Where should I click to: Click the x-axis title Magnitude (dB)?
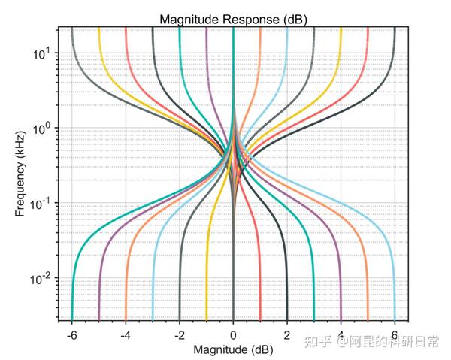233,349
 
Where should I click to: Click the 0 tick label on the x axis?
233,334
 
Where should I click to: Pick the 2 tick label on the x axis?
287,334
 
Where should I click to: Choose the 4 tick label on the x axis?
341,334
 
